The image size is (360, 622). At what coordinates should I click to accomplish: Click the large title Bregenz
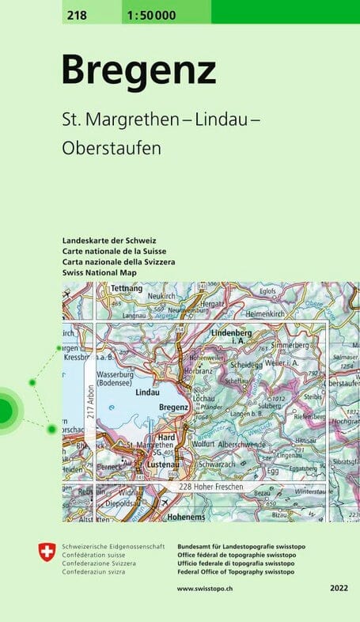point(138,70)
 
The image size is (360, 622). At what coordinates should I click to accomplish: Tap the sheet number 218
point(79,14)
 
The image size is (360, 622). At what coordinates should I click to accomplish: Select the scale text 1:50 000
point(150,14)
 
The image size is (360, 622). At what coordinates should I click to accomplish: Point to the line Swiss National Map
point(100,272)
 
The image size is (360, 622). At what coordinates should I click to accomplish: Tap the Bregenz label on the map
point(173,406)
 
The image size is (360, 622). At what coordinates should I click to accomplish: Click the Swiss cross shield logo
point(47,552)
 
